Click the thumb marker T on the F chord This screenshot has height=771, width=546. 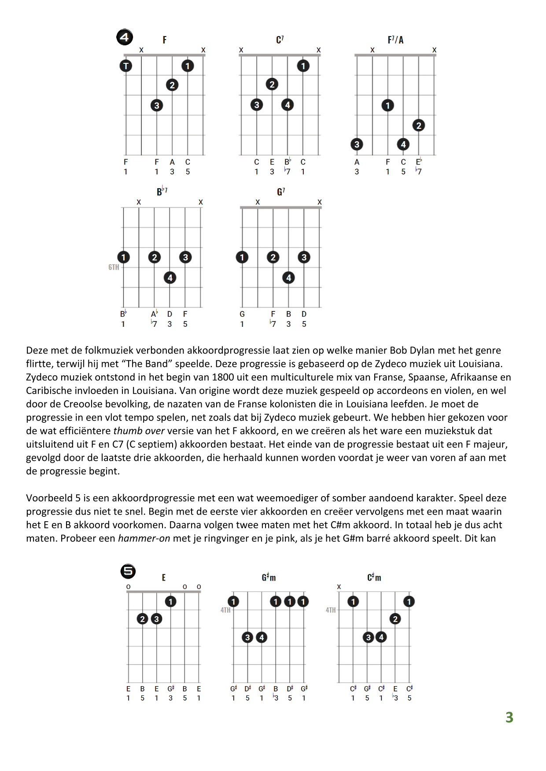point(126,66)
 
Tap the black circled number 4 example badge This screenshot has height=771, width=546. point(125,37)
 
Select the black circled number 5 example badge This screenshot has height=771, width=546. point(128,571)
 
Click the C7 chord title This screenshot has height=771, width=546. point(280,40)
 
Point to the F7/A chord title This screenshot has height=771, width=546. point(395,40)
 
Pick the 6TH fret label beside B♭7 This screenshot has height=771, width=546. point(114,267)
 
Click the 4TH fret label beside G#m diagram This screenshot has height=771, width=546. point(225,610)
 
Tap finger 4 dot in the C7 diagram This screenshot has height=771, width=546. point(288,105)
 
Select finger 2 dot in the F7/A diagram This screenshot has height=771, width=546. point(419,125)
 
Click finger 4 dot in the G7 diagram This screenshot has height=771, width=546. point(288,278)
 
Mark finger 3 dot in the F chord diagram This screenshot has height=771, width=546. point(157,105)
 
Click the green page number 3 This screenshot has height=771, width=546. point(509,717)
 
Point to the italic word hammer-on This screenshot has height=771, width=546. point(144,538)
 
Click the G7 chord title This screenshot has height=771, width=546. point(281,192)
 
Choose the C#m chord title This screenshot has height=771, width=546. point(374,577)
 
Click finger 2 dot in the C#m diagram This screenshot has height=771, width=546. point(395,619)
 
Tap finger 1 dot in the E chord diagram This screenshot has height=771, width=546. point(170,601)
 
